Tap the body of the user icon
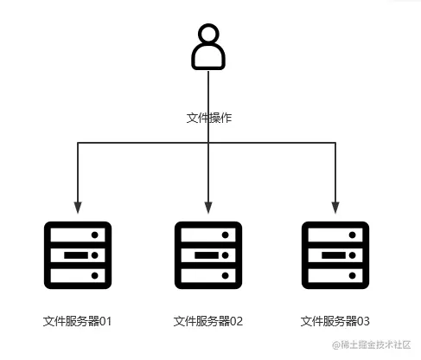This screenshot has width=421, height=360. [208, 57]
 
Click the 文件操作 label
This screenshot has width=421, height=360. [209, 117]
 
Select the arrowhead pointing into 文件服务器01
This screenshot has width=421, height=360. [78, 209]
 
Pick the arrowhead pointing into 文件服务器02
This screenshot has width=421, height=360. [208, 209]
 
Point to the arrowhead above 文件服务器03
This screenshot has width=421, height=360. [335, 209]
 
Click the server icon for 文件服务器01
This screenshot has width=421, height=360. [78, 255]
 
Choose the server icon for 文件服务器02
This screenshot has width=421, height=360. [208, 255]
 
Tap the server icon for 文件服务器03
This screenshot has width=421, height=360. [335, 255]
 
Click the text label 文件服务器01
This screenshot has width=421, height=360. [78, 321]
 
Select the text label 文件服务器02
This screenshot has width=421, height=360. [208, 321]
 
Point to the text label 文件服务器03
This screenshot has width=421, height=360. [335, 321]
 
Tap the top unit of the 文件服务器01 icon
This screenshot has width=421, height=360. [78, 235]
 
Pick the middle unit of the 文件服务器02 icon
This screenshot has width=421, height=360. [208, 255]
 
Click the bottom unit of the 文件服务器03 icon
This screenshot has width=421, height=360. [335, 276]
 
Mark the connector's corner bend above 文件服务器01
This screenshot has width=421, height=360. [78, 143]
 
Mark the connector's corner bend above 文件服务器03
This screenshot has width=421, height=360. [335, 143]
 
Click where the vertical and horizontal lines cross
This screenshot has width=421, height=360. [208, 143]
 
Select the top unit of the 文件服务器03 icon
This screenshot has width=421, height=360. [335, 235]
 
